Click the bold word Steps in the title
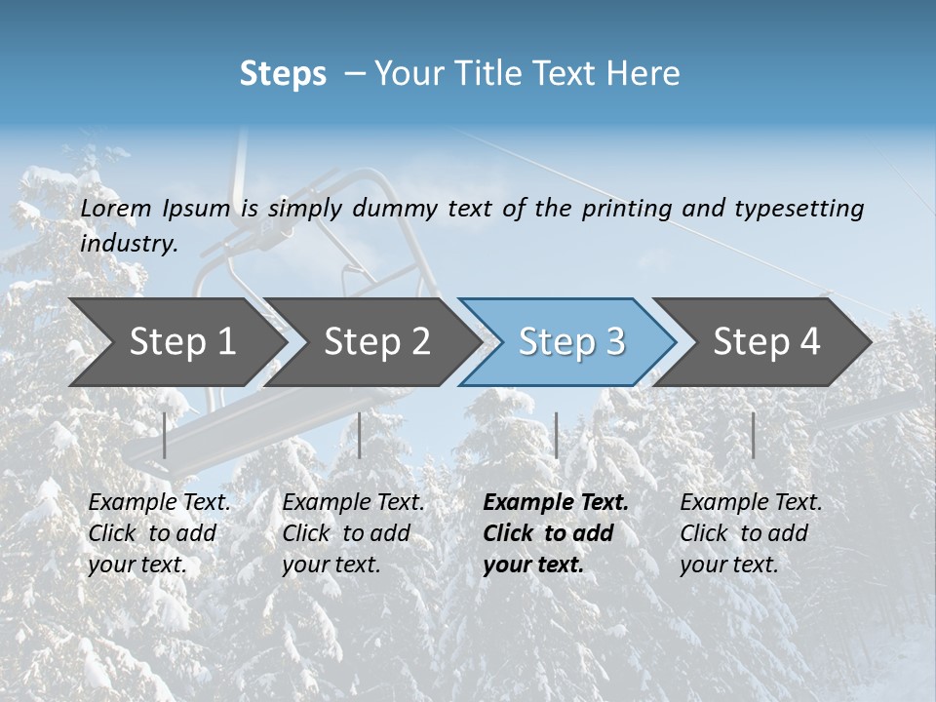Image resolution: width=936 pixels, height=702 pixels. (x=283, y=74)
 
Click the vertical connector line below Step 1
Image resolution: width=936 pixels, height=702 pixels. (x=165, y=435)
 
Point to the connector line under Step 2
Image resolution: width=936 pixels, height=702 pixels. (x=360, y=435)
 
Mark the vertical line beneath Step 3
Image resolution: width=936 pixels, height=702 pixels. (x=556, y=435)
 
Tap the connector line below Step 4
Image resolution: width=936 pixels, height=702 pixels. (x=753, y=435)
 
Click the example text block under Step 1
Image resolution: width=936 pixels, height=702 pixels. (x=159, y=533)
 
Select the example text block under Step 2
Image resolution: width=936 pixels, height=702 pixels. (x=353, y=533)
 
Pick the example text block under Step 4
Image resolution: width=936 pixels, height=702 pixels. (x=751, y=533)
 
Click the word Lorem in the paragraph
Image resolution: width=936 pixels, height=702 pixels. (x=116, y=209)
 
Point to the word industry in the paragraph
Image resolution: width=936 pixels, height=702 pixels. (x=129, y=244)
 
